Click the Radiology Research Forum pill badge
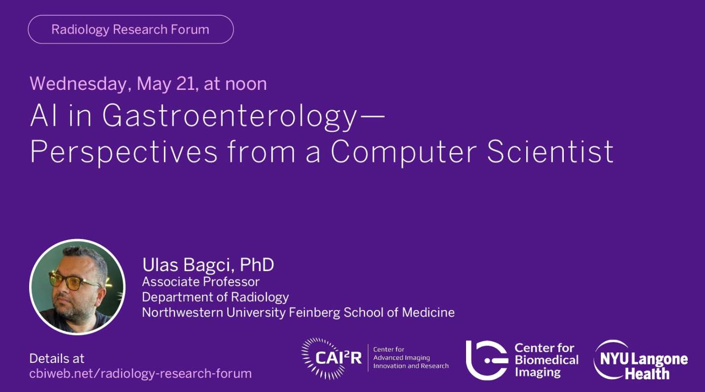coord(131,29)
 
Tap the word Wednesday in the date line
coord(78,84)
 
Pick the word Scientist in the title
coord(550,151)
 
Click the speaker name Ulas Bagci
coord(187,265)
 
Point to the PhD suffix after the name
coord(257,265)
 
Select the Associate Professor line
coord(201,282)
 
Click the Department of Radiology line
coord(215,297)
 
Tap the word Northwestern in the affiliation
coord(183,313)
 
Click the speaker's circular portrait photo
coord(78,287)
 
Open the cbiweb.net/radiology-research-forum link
coord(140,374)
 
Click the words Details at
coord(57,358)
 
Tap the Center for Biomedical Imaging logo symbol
coord(487,360)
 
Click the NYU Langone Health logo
coord(640,360)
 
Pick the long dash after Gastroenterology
coord(372,116)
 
